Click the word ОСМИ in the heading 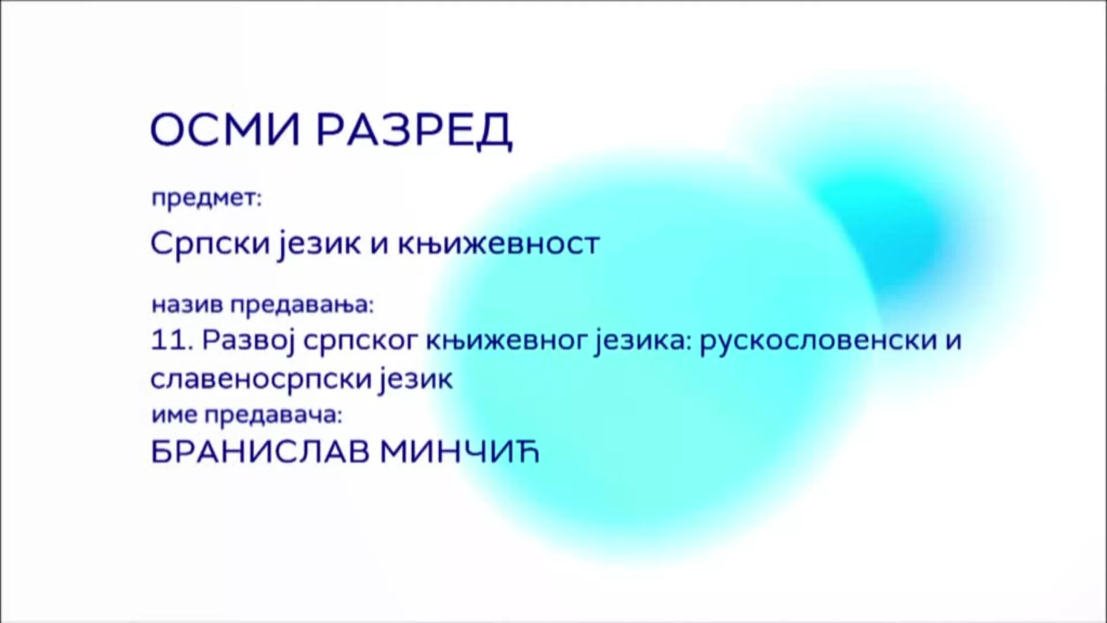[225, 129]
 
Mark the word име [174, 415]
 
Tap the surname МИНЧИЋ [460, 452]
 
